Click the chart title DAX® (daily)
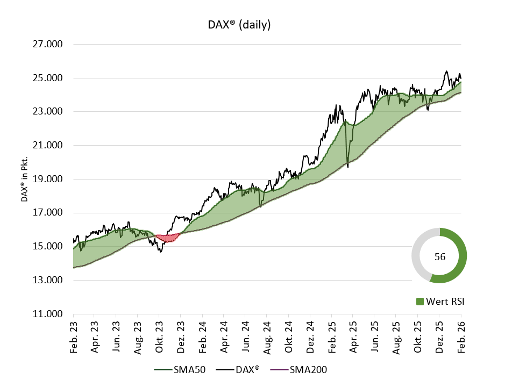click(239, 25)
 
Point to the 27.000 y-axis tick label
click(48, 44)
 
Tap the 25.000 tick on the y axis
click(48, 78)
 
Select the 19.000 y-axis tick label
click(48, 179)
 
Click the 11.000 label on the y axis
click(48, 314)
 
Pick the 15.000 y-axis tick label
click(48, 247)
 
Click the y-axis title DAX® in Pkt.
click(24, 180)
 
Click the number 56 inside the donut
click(439, 257)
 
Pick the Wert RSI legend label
click(444, 302)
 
